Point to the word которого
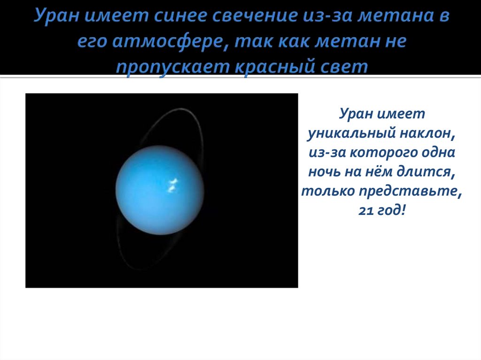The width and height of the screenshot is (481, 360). [383, 153]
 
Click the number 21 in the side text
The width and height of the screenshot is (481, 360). [365, 211]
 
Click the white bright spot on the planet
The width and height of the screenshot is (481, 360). [172, 185]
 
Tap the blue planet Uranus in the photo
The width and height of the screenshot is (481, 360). [160, 190]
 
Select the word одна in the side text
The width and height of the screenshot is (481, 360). [438, 153]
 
